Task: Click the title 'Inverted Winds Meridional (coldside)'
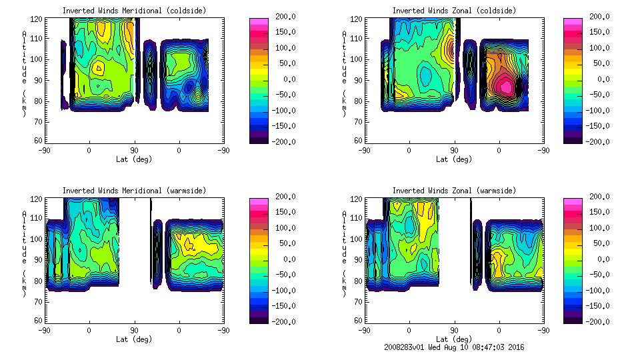[x=134, y=11]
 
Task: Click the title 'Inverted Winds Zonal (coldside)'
[x=454, y=11]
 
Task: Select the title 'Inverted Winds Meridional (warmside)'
[x=134, y=191]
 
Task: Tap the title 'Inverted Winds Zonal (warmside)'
[x=454, y=191]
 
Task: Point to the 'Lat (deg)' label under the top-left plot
[x=134, y=159]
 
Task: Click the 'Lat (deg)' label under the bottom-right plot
[x=454, y=339]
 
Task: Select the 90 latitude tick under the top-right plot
[x=454, y=151]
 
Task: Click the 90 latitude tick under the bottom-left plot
[x=134, y=331]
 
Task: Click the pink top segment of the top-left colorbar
[x=257, y=22]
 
